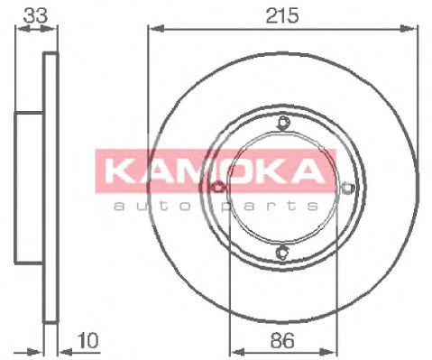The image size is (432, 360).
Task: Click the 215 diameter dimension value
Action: coord(283,16)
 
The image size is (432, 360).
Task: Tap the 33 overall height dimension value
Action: coord(35,14)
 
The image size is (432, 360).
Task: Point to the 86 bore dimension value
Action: coord(282,341)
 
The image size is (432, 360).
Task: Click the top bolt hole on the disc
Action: coord(283,124)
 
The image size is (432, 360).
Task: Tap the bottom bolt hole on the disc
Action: coord(283,252)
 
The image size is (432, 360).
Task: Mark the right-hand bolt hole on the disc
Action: coord(348,188)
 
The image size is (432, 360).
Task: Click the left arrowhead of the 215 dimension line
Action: coord(152,30)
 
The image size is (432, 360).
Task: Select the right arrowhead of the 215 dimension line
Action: coord(414,30)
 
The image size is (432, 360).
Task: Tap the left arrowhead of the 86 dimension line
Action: coord(236,353)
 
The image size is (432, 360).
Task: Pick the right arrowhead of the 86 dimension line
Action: coord(331,353)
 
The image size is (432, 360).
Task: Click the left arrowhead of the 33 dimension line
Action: coord(21,30)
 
